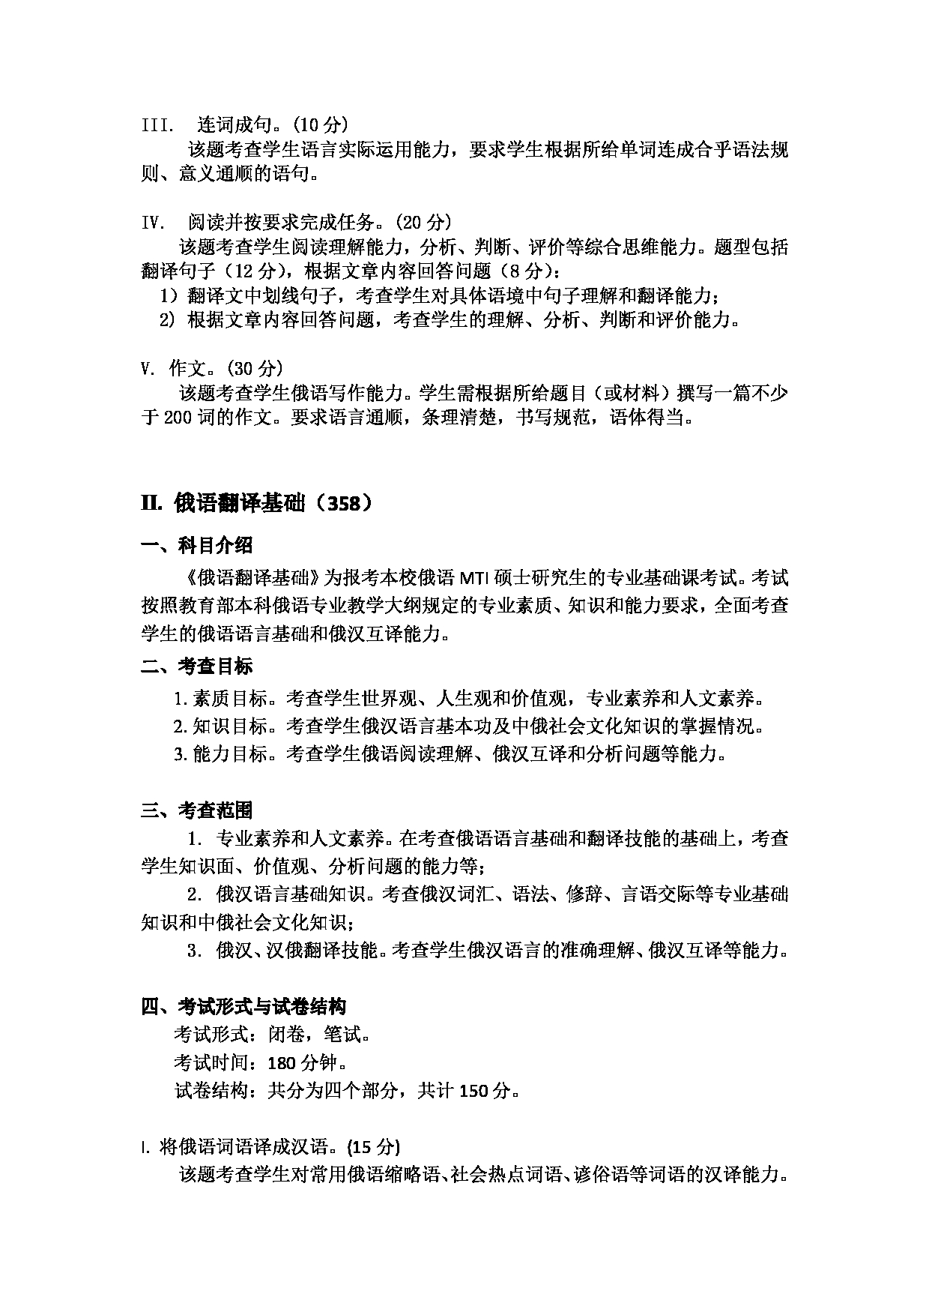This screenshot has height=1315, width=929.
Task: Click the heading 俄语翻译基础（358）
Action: pyautogui.click(x=256, y=503)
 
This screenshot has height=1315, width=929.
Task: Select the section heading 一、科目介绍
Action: pyautogui.click(x=196, y=545)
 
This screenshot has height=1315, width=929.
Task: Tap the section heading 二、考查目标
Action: pyautogui.click(x=196, y=666)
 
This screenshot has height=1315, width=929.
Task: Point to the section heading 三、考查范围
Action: pyautogui.click(x=196, y=810)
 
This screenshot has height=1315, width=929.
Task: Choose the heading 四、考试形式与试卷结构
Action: pyautogui.click(x=243, y=1005)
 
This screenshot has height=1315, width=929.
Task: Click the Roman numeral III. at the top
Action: pyautogui.click(x=157, y=124)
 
